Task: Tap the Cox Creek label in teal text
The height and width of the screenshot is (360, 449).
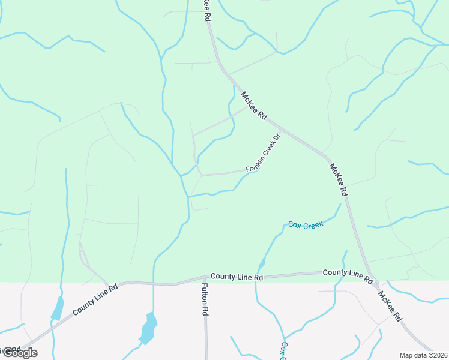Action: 306,225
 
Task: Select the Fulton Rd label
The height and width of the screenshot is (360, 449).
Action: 205,300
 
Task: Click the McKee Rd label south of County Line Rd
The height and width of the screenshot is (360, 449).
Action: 390,307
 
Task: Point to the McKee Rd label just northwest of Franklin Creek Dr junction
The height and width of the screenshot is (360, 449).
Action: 253,105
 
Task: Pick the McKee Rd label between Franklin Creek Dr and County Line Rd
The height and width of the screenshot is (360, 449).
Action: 339,179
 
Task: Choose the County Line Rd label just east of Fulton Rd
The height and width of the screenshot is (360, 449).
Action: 237,277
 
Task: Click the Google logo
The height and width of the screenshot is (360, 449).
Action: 19,353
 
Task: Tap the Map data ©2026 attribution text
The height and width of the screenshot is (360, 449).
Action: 423,355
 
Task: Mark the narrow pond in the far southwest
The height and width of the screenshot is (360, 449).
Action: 58,308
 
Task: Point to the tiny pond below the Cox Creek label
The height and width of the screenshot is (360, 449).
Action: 262,263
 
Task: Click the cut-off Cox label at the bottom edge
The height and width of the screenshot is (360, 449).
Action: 283,350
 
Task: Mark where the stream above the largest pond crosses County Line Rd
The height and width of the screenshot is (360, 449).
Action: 154,283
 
